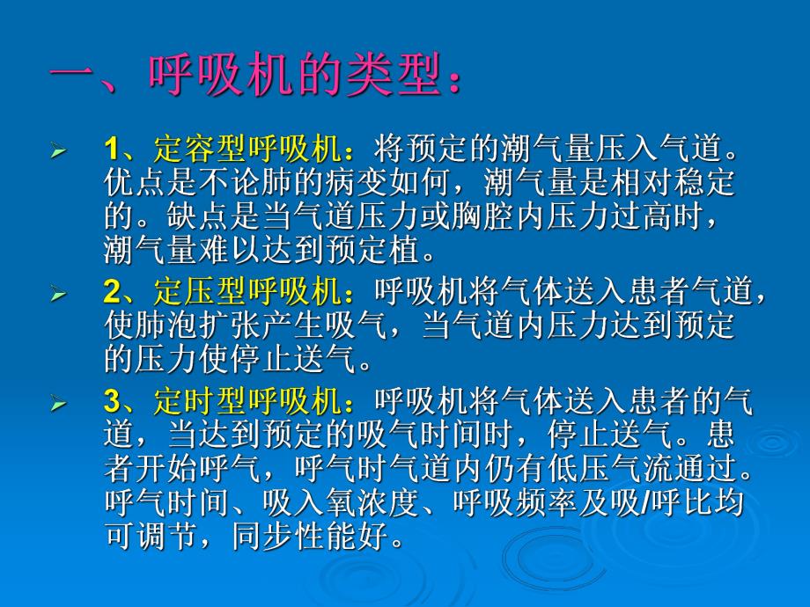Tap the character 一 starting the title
click(71, 82)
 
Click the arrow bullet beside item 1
click(59, 150)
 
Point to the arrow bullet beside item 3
click(59, 406)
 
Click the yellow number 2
click(113, 293)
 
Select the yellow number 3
click(113, 404)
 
